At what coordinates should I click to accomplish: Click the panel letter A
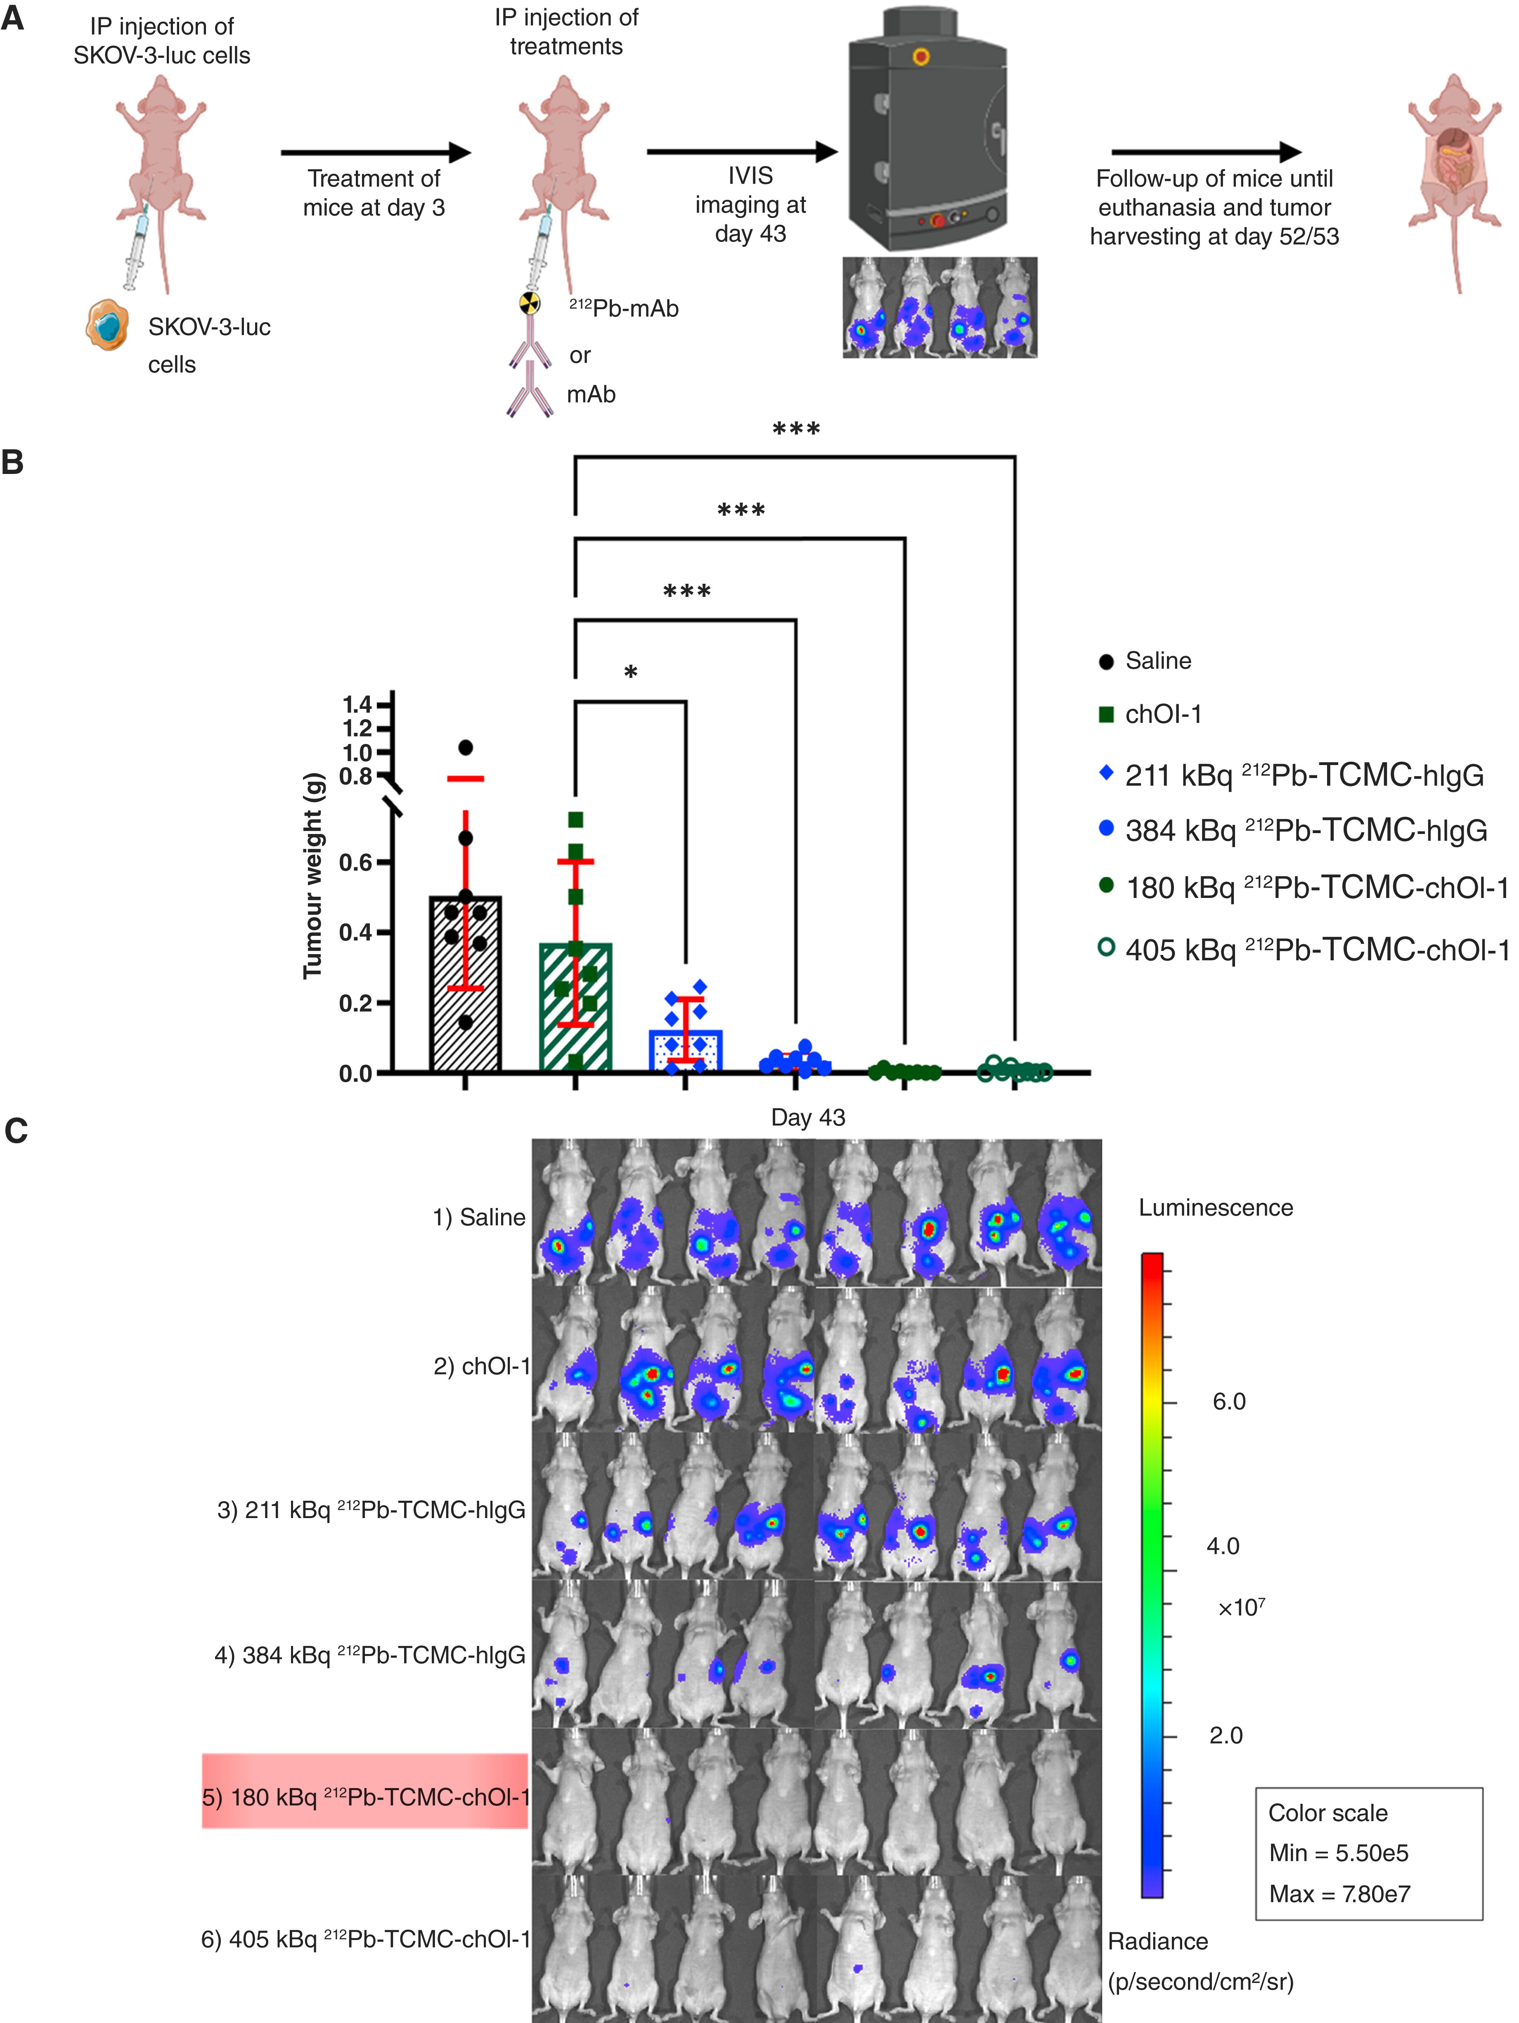click(13, 18)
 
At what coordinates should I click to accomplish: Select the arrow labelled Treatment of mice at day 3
click(375, 153)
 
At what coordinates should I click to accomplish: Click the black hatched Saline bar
click(466, 983)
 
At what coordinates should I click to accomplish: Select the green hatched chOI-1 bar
click(575, 1006)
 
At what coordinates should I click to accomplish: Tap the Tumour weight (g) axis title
click(313, 876)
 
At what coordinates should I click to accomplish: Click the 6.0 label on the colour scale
click(1228, 1401)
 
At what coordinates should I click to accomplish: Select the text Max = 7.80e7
click(1339, 1893)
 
